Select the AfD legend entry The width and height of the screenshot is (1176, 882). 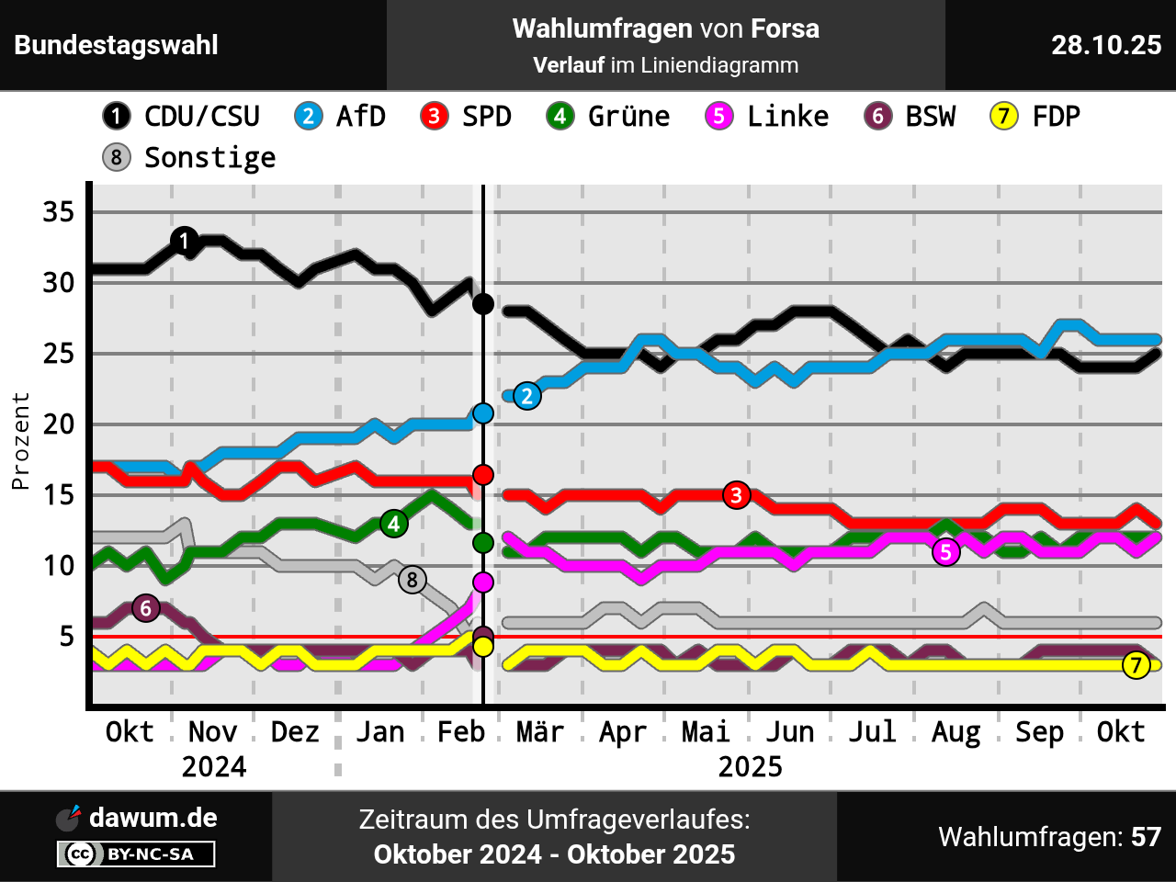(x=340, y=117)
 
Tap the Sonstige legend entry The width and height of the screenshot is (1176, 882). (x=189, y=158)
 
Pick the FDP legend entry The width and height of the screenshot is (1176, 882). (x=1035, y=117)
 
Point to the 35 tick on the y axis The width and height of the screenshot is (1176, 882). (x=59, y=212)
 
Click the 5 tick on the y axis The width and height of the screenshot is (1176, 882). (x=66, y=636)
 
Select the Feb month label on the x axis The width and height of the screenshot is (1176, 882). (x=460, y=732)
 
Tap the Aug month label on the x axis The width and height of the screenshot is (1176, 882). (x=955, y=732)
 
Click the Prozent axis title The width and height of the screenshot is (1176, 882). (x=20, y=441)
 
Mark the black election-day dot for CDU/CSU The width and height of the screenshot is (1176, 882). (x=483, y=304)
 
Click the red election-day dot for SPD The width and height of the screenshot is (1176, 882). (x=483, y=475)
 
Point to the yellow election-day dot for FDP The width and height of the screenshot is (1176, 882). (x=483, y=646)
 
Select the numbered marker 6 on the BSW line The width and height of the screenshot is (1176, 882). (x=145, y=608)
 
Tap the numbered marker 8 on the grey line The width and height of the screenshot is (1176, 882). (x=412, y=580)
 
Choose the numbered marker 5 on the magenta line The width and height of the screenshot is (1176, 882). (x=945, y=552)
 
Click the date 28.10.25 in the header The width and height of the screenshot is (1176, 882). (x=1106, y=45)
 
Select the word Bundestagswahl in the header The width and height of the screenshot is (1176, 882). (x=117, y=45)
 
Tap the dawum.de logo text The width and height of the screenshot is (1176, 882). (x=153, y=818)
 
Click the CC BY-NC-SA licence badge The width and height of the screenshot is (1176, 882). (x=136, y=854)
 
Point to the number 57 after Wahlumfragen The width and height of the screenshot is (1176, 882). (x=1146, y=837)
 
